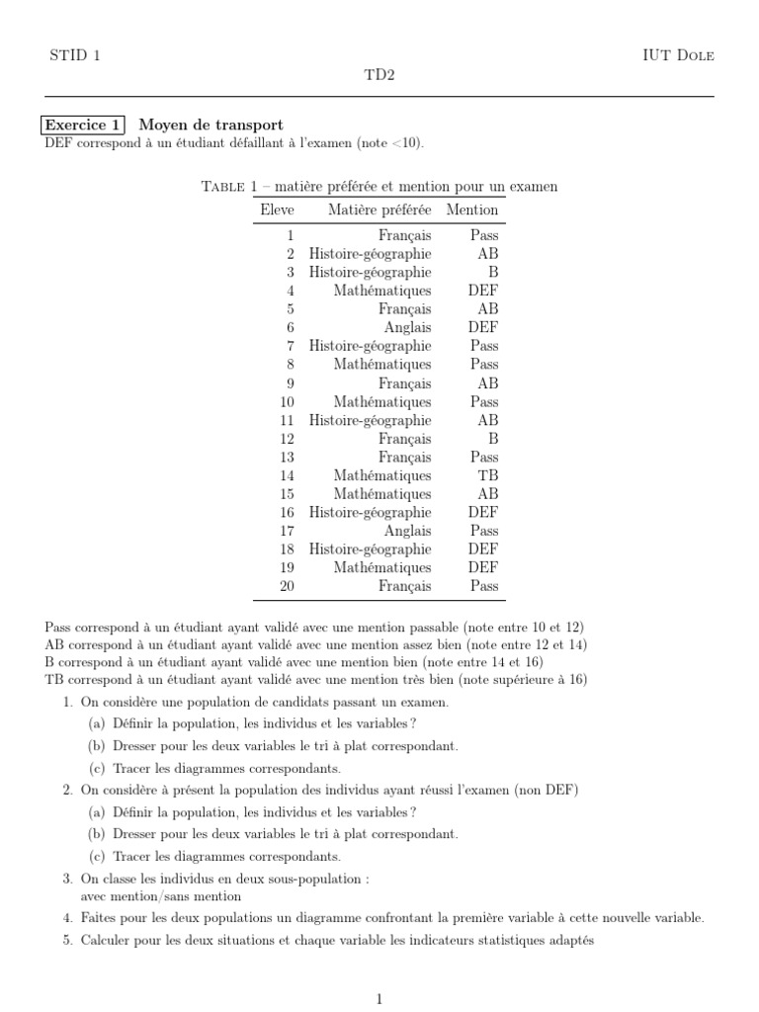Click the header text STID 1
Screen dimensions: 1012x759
point(74,55)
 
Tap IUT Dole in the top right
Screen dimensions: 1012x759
point(677,55)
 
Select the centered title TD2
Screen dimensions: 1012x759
point(379,75)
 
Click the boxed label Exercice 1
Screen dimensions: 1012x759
point(83,125)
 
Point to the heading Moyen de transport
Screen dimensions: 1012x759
point(211,125)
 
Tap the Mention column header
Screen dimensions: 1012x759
point(472,210)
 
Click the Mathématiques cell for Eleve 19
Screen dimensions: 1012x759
point(381,568)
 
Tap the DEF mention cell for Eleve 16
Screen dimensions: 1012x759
point(483,512)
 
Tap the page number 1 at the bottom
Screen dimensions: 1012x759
point(379,999)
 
